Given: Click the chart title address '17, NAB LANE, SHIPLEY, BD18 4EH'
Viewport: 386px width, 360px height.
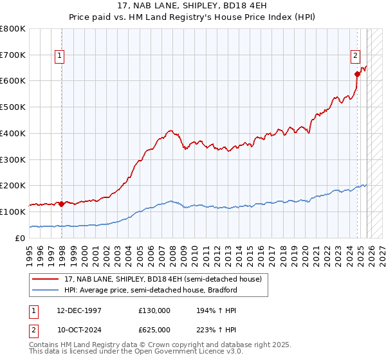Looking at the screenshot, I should (x=193, y=6).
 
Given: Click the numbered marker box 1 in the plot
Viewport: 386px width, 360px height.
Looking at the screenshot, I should (x=59, y=56).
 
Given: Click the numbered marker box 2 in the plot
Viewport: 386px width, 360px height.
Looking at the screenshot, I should (x=354, y=56).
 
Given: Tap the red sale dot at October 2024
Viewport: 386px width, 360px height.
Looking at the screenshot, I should (x=357, y=74).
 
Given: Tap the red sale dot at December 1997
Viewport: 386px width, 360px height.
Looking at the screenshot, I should (x=61, y=204).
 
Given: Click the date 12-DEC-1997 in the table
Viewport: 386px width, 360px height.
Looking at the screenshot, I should (x=79, y=310).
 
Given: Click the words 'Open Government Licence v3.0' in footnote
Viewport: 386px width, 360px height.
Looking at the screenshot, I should (x=187, y=352).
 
